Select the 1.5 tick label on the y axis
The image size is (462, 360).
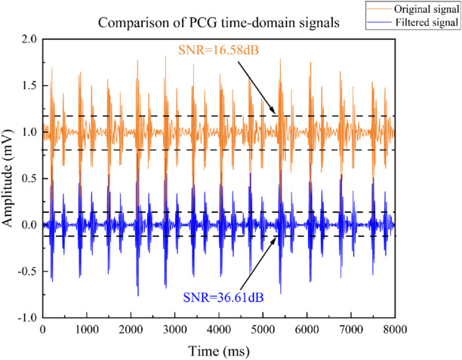pyautogui.click(x=28, y=86)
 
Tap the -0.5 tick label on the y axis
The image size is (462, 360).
pyautogui.click(x=26, y=272)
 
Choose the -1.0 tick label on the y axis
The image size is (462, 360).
pyautogui.click(x=26, y=318)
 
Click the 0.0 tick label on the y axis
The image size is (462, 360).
pyautogui.click(x=28, y=225)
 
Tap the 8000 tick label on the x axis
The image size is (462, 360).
pyautogui.click(x=395, y=330)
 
